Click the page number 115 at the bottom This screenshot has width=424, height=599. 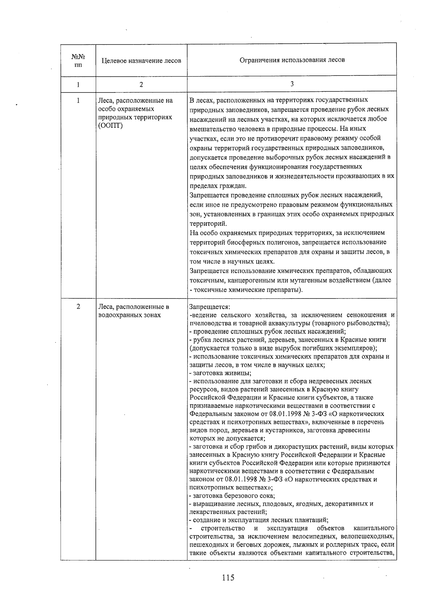point(228,578)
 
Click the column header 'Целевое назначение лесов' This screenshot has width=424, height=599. point(141,61)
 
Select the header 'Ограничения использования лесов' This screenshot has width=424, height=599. point(292,60)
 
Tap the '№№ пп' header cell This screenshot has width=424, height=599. point(78,60)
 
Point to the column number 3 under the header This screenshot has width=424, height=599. point(292,84)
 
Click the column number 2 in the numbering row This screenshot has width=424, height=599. point(141,85)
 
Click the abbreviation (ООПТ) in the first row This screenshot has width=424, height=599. point(110,126)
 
